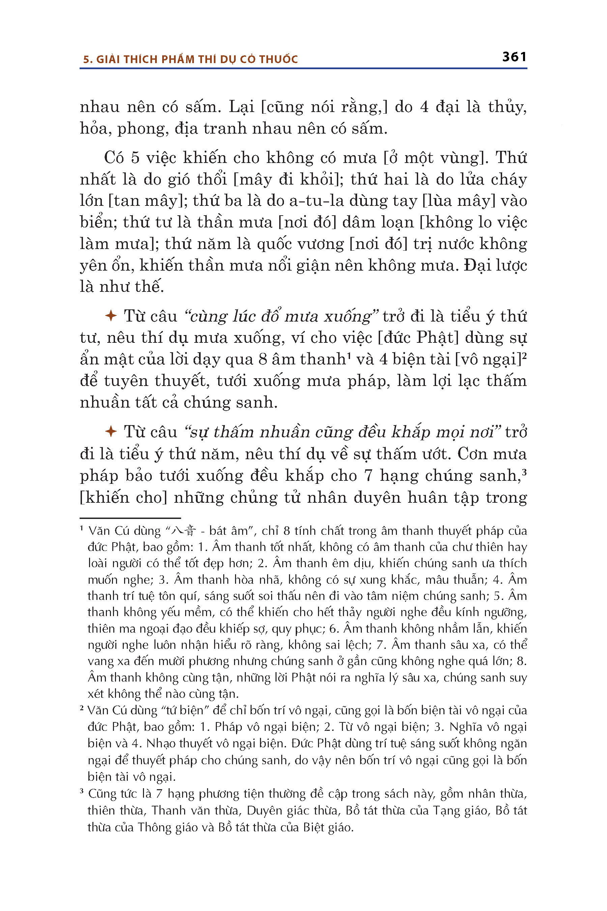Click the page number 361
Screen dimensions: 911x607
[x=514, y=57]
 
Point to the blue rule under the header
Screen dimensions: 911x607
[x=303, y=68]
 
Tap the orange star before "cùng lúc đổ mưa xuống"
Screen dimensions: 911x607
[x=111, y=316]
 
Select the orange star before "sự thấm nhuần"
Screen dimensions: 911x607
[x=111, y=431]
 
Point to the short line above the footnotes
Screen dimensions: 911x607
[x=130, y=518]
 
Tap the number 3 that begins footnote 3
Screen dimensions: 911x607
[x=82, y=792]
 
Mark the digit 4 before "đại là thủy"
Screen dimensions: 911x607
[x=424, y=107]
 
